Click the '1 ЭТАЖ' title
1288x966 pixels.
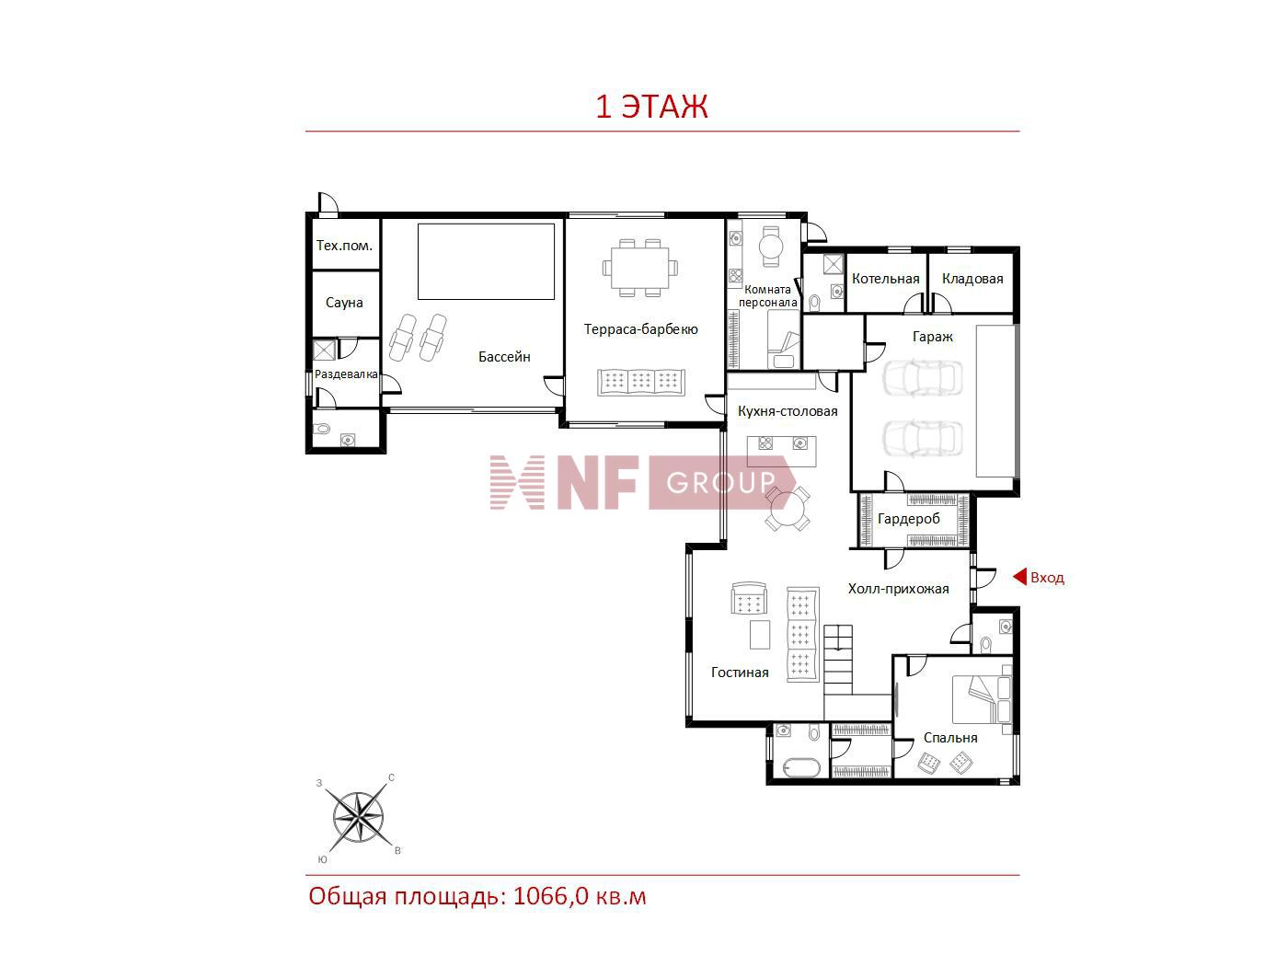(x=651, y=107)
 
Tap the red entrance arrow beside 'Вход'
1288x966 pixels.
(x=1019, y=577)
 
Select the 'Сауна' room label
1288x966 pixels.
(x=344, y=303)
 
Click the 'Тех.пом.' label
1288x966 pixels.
(x=344, y=246)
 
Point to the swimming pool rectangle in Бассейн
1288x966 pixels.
(x=486, y=261)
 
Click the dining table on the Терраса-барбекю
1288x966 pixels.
(x=639, y=268)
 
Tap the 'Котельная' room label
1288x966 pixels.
(x=885, y=279)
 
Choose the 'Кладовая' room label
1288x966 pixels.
(x=972, y=279)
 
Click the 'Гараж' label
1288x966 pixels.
(x=932, y=337)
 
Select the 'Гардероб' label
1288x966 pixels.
(x=908, y=519)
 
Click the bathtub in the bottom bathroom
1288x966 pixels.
(x=800, y=768)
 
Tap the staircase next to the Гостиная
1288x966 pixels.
(x=838, y=660)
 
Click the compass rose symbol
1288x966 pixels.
(x=358, y=817)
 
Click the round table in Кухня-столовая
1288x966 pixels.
(x=788, y=508)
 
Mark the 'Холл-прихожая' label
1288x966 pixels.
(x=898, y=589)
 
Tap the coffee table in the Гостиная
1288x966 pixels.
(x=759, y=634)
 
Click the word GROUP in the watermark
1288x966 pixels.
(x=720, y=482)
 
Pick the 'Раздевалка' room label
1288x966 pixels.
(x=346, y=374)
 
